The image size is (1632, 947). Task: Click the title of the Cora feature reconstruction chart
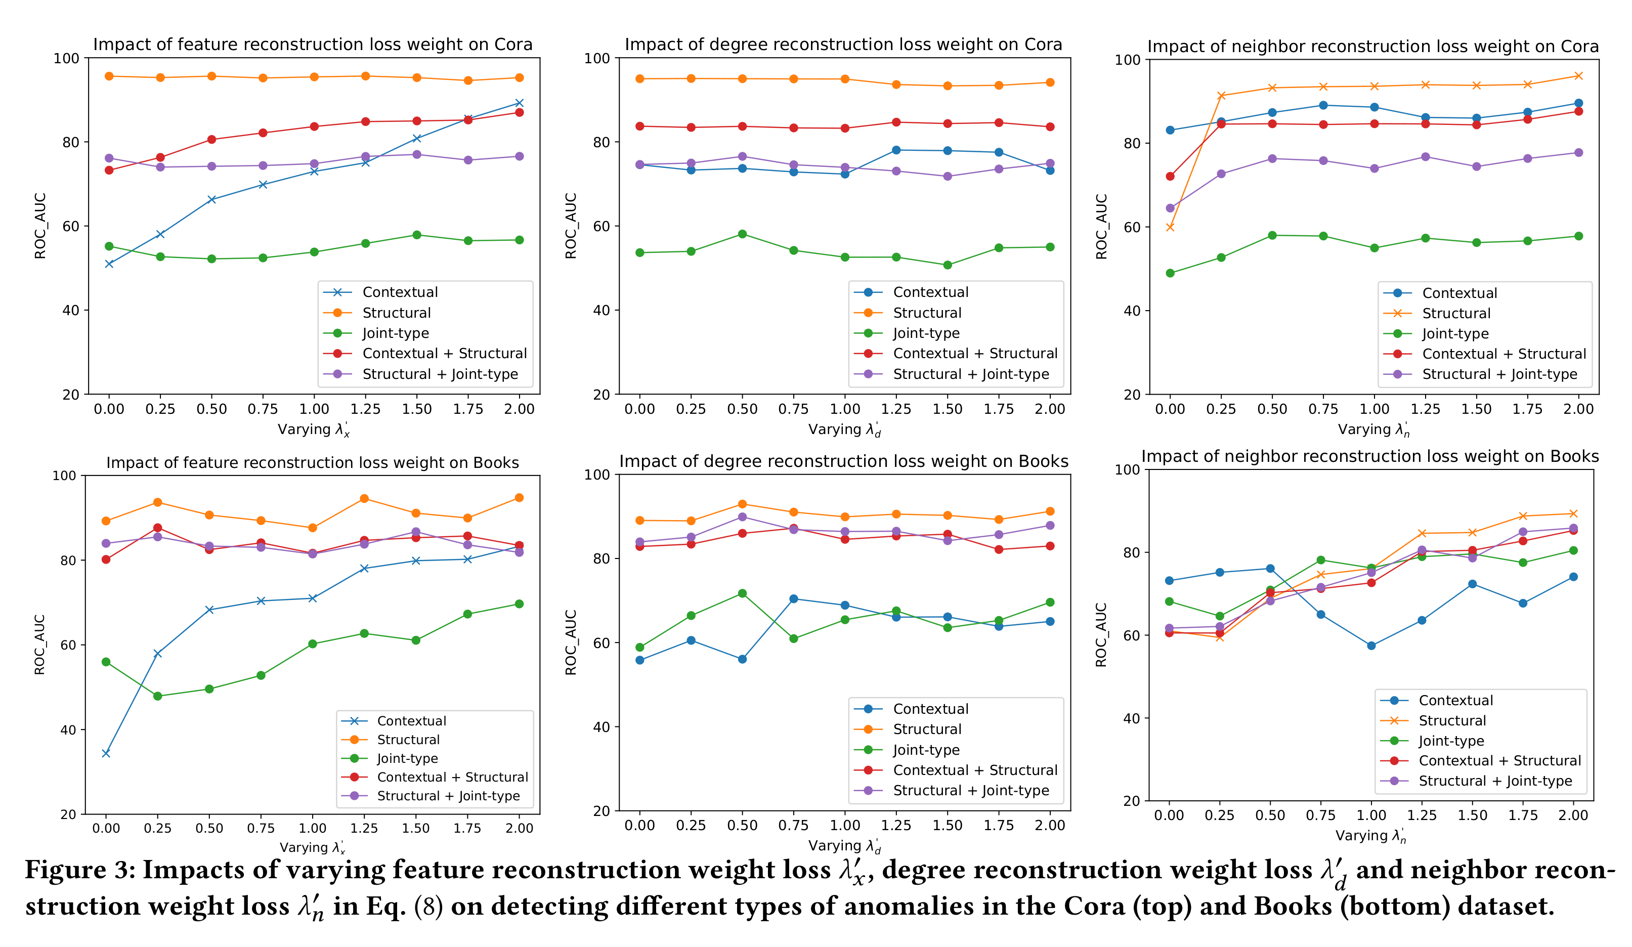(313, 44)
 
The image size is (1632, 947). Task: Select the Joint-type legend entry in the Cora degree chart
(926, 333)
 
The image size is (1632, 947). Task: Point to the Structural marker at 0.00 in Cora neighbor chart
(1170, 227)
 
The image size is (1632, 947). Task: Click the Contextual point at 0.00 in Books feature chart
(106, 753)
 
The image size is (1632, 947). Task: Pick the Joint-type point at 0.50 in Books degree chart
(742, 593)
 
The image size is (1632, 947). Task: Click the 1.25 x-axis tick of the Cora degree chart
(895, 409)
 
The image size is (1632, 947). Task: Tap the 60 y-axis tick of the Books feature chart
(68, 645)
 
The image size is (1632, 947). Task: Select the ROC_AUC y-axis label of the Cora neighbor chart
(1101, 227)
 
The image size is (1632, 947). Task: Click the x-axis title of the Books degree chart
(844, 846)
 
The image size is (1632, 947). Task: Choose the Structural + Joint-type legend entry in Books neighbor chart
(1495, 781)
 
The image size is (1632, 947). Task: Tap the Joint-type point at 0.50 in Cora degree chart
(742, 234)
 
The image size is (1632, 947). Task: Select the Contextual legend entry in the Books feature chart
(411, 721)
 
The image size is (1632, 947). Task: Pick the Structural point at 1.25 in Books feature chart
(364, 499)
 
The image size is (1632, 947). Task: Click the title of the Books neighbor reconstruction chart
(1370, 457)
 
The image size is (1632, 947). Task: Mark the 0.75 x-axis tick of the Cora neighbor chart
(1323, 409)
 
